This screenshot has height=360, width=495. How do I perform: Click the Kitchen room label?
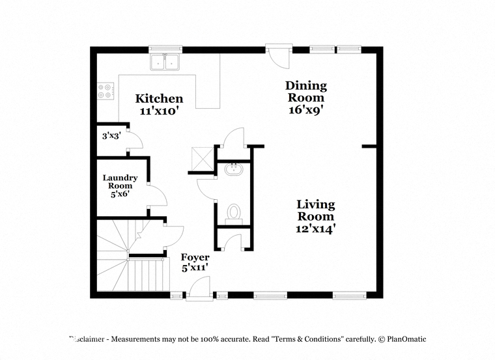(x=159, y=98)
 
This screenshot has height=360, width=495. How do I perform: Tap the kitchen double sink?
(x=165, y=62)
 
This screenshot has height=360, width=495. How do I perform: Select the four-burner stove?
(x=106, y=91)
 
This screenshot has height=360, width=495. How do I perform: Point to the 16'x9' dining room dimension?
(x=307, y=110)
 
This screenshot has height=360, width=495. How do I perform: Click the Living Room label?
(x=316, y=210)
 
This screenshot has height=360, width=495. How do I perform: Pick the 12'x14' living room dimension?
(x=315, y=228)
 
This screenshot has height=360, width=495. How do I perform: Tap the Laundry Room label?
(x=120, y=182)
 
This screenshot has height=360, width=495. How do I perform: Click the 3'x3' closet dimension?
(x=112, y=136)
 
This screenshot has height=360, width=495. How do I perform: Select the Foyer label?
(x=195, y=257)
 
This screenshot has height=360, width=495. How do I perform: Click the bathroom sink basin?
(x=234, y=170)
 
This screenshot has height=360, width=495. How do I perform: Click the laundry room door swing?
(x=158, y=196)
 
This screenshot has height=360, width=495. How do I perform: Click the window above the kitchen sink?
(x=165, y=49)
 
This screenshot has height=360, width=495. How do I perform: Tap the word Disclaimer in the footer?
(x=87, y=339)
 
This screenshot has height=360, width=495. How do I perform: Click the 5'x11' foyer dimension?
(x=195, y=268)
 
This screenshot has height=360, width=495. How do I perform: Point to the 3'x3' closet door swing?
(x=135, y=141)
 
